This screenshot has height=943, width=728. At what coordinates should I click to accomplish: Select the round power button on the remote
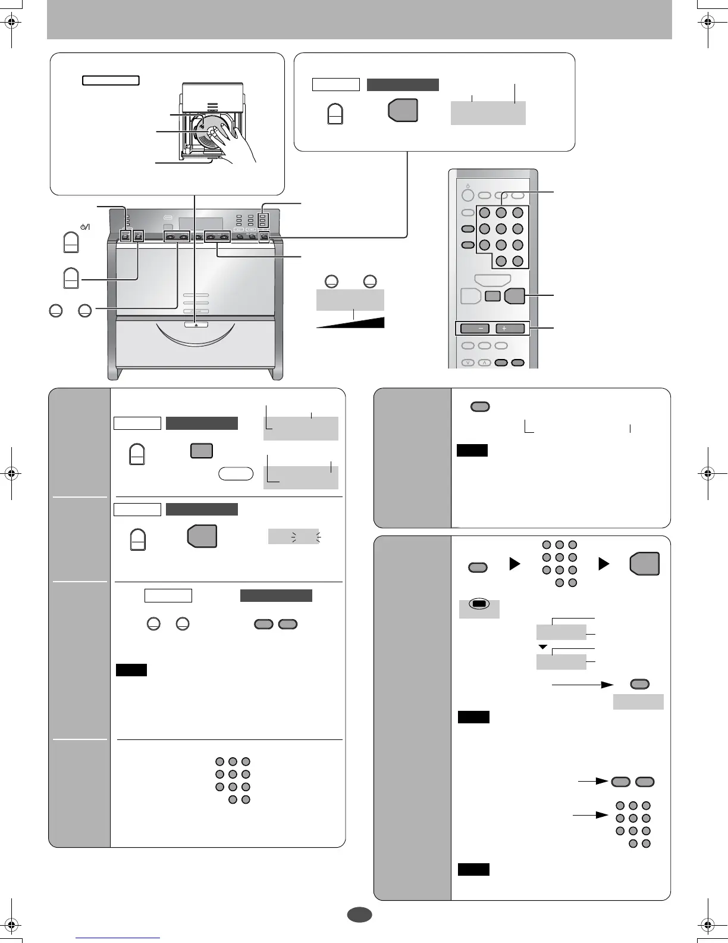pos(467,195)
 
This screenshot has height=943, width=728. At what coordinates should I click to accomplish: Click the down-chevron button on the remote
pos(467,363)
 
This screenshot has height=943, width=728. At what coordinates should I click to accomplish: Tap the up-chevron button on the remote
pos(484,363)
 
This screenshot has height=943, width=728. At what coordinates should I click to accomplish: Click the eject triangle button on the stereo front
pos(196,324)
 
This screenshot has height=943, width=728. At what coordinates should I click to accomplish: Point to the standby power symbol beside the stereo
pos(84,227)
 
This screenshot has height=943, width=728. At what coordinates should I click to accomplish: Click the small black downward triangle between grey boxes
pos(542,647)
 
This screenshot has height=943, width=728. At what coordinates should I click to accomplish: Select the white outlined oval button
pos(236,474)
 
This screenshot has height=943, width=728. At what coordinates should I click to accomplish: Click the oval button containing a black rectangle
pos(479,603)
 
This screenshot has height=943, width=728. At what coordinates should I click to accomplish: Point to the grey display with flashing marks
pos(293,536)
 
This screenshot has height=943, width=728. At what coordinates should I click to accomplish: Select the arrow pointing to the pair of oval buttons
pos(594,782)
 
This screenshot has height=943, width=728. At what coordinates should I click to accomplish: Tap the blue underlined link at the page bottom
pos(118,938)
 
